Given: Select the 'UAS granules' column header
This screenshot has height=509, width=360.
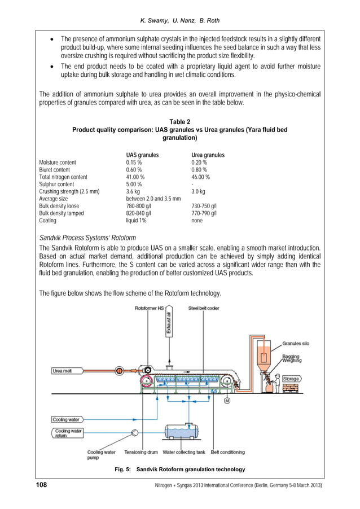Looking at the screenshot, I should (x=142, y=155).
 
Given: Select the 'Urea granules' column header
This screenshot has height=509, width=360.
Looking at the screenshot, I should (x=208, y=155).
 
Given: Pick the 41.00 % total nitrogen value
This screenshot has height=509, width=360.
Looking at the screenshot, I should (x=135, y=177).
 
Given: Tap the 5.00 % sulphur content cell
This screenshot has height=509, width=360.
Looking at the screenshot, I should (x=134, y=184).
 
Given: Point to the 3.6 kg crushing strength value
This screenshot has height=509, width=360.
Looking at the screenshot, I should (x=133, y=191).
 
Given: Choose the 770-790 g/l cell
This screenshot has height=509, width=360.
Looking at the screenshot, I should (x=204, y=213).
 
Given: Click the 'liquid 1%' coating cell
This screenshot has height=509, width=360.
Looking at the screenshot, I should (x=135, y=221).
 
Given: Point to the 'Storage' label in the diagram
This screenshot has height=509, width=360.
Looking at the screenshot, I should (x=291, y=379).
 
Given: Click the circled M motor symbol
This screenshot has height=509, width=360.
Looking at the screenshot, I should (x=227, y=401).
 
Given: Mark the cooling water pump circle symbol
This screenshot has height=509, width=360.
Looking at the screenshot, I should (x=134, y=432).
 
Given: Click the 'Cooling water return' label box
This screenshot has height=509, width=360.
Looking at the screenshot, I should (x=67, y=433).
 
